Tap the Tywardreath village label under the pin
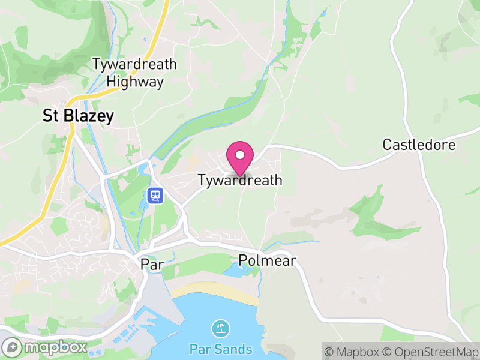tap(240, 180)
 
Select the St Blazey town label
tap(78, 116)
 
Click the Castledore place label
tap(419, 145)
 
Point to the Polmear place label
tap(267, 260)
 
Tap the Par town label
tap(151, 264)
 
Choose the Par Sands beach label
tap(220, 349)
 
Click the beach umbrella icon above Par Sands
tap(221, 329)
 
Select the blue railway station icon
tap(155, 195)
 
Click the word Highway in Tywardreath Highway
tap(135, 82)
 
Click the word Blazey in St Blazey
tap(87, 116)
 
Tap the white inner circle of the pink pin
tap(240, 155)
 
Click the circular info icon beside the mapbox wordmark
tap(11, 347)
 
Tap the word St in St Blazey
tap(50, 116)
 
